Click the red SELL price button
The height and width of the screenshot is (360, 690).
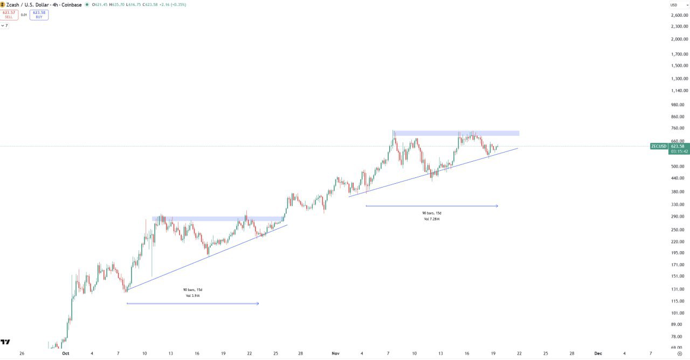pyautogui.click(x=9, y=15)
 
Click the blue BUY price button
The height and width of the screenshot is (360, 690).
pyautogui.click(x=39, y=15)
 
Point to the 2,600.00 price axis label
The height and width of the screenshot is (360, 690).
pyautogui.click(x=678, y=15)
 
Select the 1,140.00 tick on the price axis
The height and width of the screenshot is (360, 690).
pyautogui.click(x=678, y=91)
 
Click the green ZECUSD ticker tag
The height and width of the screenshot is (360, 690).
pyautogui.click(x=659, y=146)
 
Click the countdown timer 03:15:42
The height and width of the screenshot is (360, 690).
pyautogui.click(x=679, y=151)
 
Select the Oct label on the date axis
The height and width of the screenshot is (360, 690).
pyautogui.click(x=66, y=354)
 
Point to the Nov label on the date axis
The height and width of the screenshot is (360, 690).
pyautogui.click(x=336, y=354)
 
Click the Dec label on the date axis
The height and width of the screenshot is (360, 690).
pyautogui.click(x=598, y=354)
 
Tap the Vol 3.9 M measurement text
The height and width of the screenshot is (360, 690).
pyautogui.click(x=193, y=296)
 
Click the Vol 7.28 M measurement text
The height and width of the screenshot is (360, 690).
pyautogui.click(x=432, y=219)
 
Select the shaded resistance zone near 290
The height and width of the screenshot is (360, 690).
pyautogui.click(x=218, y=219)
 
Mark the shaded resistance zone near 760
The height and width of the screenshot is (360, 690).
pyautogui.click(x=456, y=133)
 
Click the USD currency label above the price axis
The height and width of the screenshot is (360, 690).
pyautogui.click(x=674, y=5)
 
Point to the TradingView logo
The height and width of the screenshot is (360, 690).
pyautogui.click(x=5, y=342)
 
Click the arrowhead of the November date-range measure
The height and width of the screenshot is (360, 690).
pyautogui.click(x=496, y=206)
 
